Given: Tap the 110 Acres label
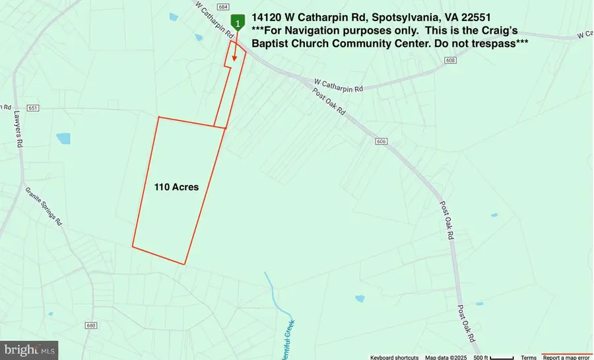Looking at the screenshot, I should point(176,187).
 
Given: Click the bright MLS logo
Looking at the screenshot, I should point(30,350).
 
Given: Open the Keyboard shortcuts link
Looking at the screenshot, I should point(394,357).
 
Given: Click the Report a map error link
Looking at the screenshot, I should point(567,357).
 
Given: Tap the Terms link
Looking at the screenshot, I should point(529,357).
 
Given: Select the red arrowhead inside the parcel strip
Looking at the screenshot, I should point(234,58).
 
